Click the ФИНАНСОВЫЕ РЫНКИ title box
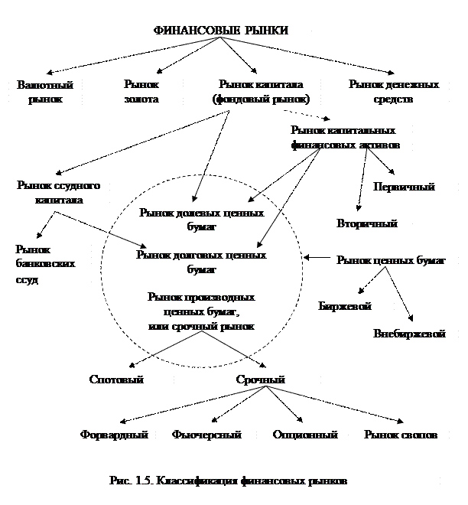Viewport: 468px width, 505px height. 229,31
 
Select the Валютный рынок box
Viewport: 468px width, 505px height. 40,92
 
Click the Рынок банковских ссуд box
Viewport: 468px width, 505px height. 50,265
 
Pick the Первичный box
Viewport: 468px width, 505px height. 404,187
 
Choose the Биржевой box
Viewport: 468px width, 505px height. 353,307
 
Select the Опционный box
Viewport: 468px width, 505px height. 305,435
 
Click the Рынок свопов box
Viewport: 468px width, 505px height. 401,435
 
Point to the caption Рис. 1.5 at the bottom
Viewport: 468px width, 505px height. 229,482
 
